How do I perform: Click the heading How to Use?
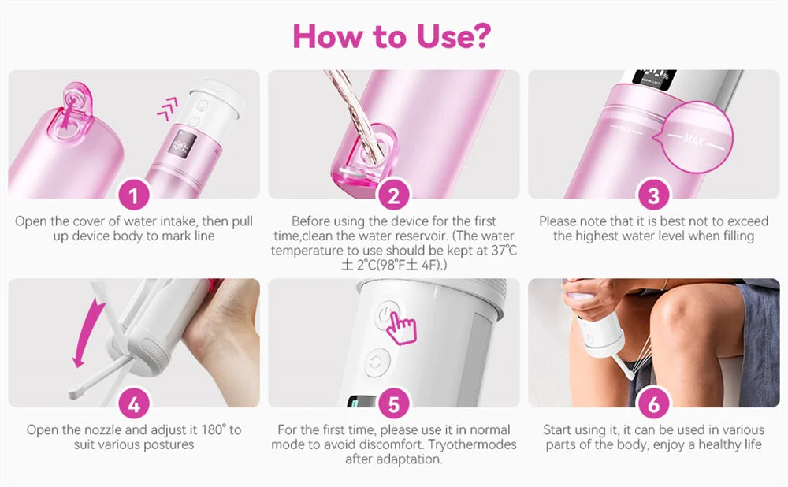pos(392,35)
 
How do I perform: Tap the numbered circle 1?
pos(134,195)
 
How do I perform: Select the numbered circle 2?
pos(394,195)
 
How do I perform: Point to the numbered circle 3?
pos(654,195)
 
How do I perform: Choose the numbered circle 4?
pos(134,404)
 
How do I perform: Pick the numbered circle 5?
pos(394,404)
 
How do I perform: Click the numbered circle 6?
pos(654,404)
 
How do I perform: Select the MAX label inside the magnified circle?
pos(693,141)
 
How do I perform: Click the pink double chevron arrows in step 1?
pos(167,109)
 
